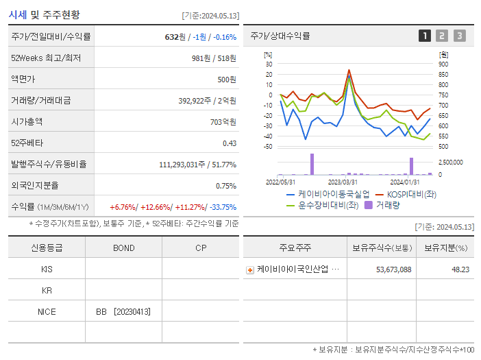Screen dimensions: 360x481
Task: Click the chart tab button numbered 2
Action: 442,36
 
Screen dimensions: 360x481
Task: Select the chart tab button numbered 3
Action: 459,36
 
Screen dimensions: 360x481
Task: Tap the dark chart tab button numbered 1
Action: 425,36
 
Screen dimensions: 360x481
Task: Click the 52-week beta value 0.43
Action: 229,143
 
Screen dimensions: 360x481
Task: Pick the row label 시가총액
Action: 27,121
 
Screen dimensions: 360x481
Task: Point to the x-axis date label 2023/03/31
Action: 343,182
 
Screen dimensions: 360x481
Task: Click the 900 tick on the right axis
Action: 444,64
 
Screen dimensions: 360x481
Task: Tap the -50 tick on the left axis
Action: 267,147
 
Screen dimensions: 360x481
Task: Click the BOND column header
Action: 123,248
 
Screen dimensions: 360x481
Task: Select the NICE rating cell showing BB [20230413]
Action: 123,311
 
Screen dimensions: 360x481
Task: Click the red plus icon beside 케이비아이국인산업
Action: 250,269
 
